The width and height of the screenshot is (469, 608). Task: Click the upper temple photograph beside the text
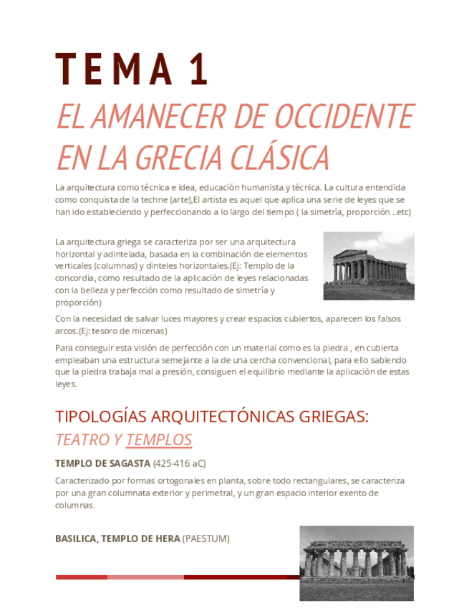[368, 265]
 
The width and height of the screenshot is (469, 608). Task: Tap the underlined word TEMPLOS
[159, 440]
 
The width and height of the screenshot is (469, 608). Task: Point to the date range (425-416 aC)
[179, 463]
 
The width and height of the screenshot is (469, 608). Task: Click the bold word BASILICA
[76, 538]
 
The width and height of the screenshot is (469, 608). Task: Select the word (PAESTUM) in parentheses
[206, 538]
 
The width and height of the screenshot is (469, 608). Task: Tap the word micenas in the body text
[150, 331]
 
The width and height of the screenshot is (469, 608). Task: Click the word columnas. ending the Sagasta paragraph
[75, 505]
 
